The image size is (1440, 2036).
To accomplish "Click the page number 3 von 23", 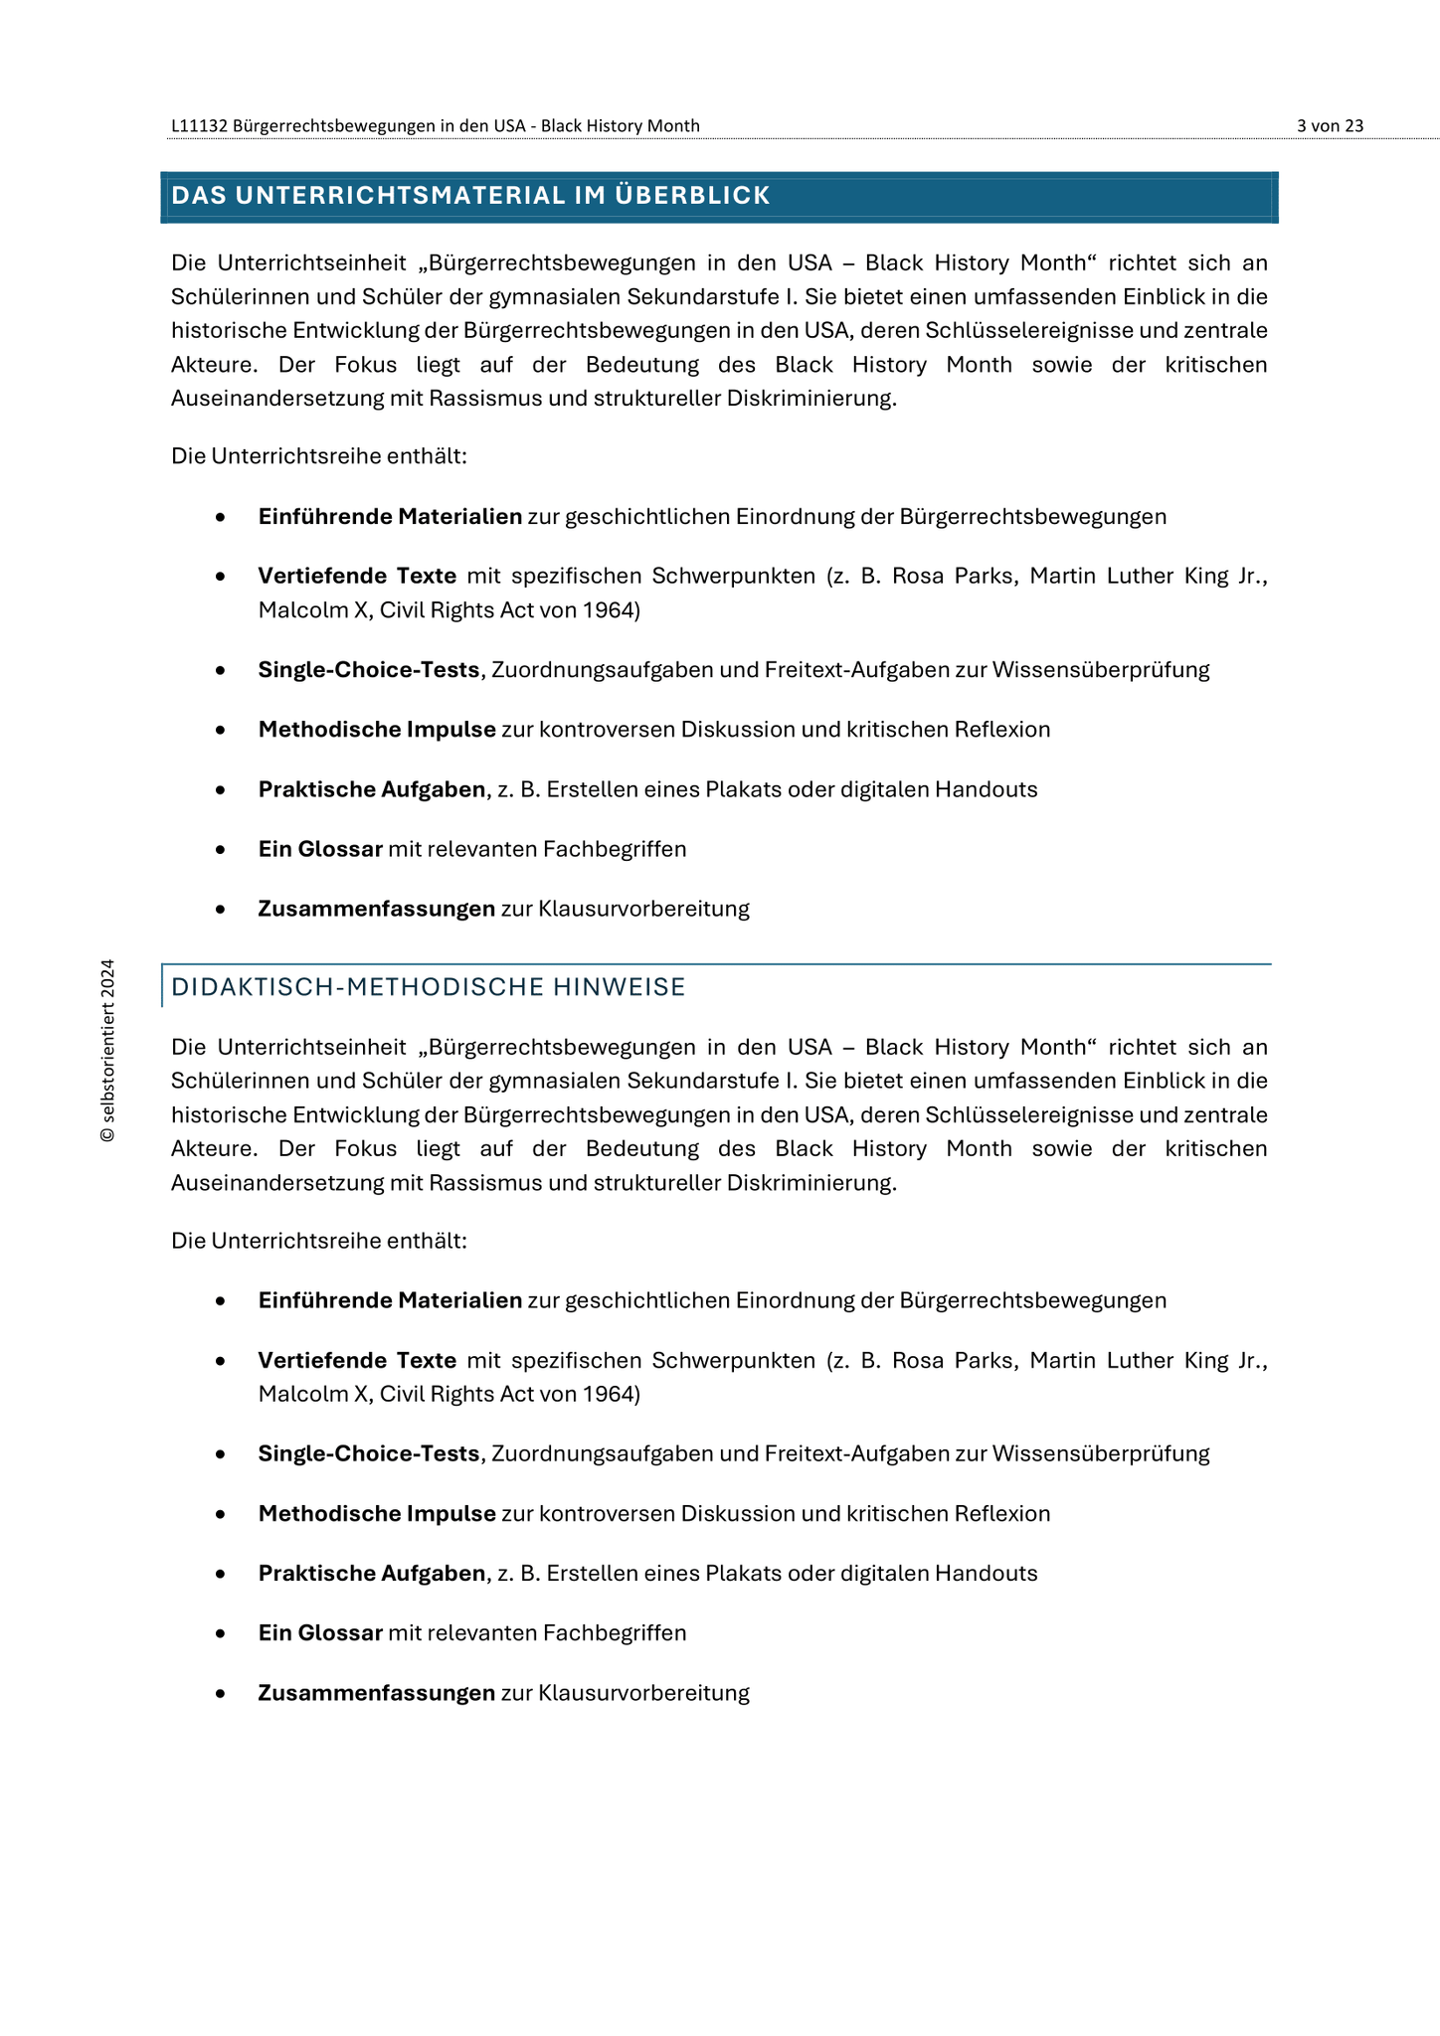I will (x=1330, y=125).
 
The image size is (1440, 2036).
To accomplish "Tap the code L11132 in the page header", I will (x=200, y=125).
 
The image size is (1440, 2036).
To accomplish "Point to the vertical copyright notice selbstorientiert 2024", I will (x=107, y=1050).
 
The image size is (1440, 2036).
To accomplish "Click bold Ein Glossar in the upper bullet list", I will (x=320, y=849).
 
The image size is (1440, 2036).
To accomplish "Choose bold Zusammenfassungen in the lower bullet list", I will (x=376, y=1692).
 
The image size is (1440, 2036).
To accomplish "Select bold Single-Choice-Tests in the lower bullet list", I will (x=368, y=1453).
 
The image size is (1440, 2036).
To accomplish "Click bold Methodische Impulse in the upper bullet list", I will (x=377, y=729).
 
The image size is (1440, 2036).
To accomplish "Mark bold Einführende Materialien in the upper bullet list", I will (x=390, y=516).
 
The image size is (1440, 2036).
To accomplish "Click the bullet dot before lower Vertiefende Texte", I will (x=220, y=1361).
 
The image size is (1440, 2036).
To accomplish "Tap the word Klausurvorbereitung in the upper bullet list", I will (x=643, y=909).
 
